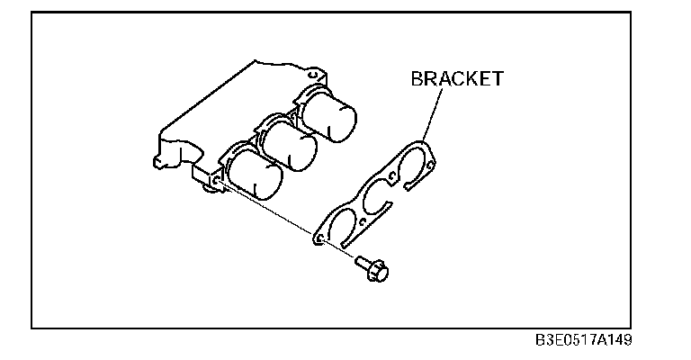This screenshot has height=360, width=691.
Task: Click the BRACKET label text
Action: (457, 78)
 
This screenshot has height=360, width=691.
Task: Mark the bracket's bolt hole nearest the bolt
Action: (317, 239)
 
